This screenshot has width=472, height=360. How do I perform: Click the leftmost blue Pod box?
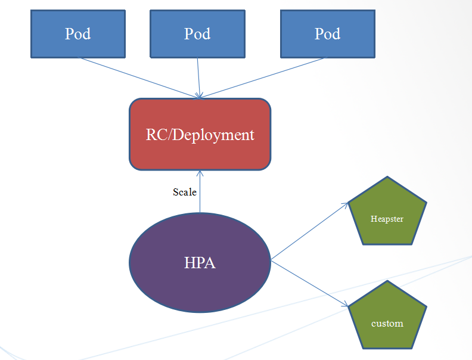[78, 33]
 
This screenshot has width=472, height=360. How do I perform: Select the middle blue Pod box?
[197, 33]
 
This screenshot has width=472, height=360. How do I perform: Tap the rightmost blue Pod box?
[327, 33]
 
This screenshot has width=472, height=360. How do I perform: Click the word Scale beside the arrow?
[185, 192]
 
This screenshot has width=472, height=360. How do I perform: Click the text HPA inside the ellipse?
[200, 263]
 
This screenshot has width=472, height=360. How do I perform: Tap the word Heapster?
[387, 219]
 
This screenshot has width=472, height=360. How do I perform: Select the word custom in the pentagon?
[387, 323]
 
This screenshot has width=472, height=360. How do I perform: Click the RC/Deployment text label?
[200, 135]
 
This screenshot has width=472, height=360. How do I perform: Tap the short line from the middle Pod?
[198, 76]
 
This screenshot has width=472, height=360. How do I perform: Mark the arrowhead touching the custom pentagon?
[345, 306]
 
